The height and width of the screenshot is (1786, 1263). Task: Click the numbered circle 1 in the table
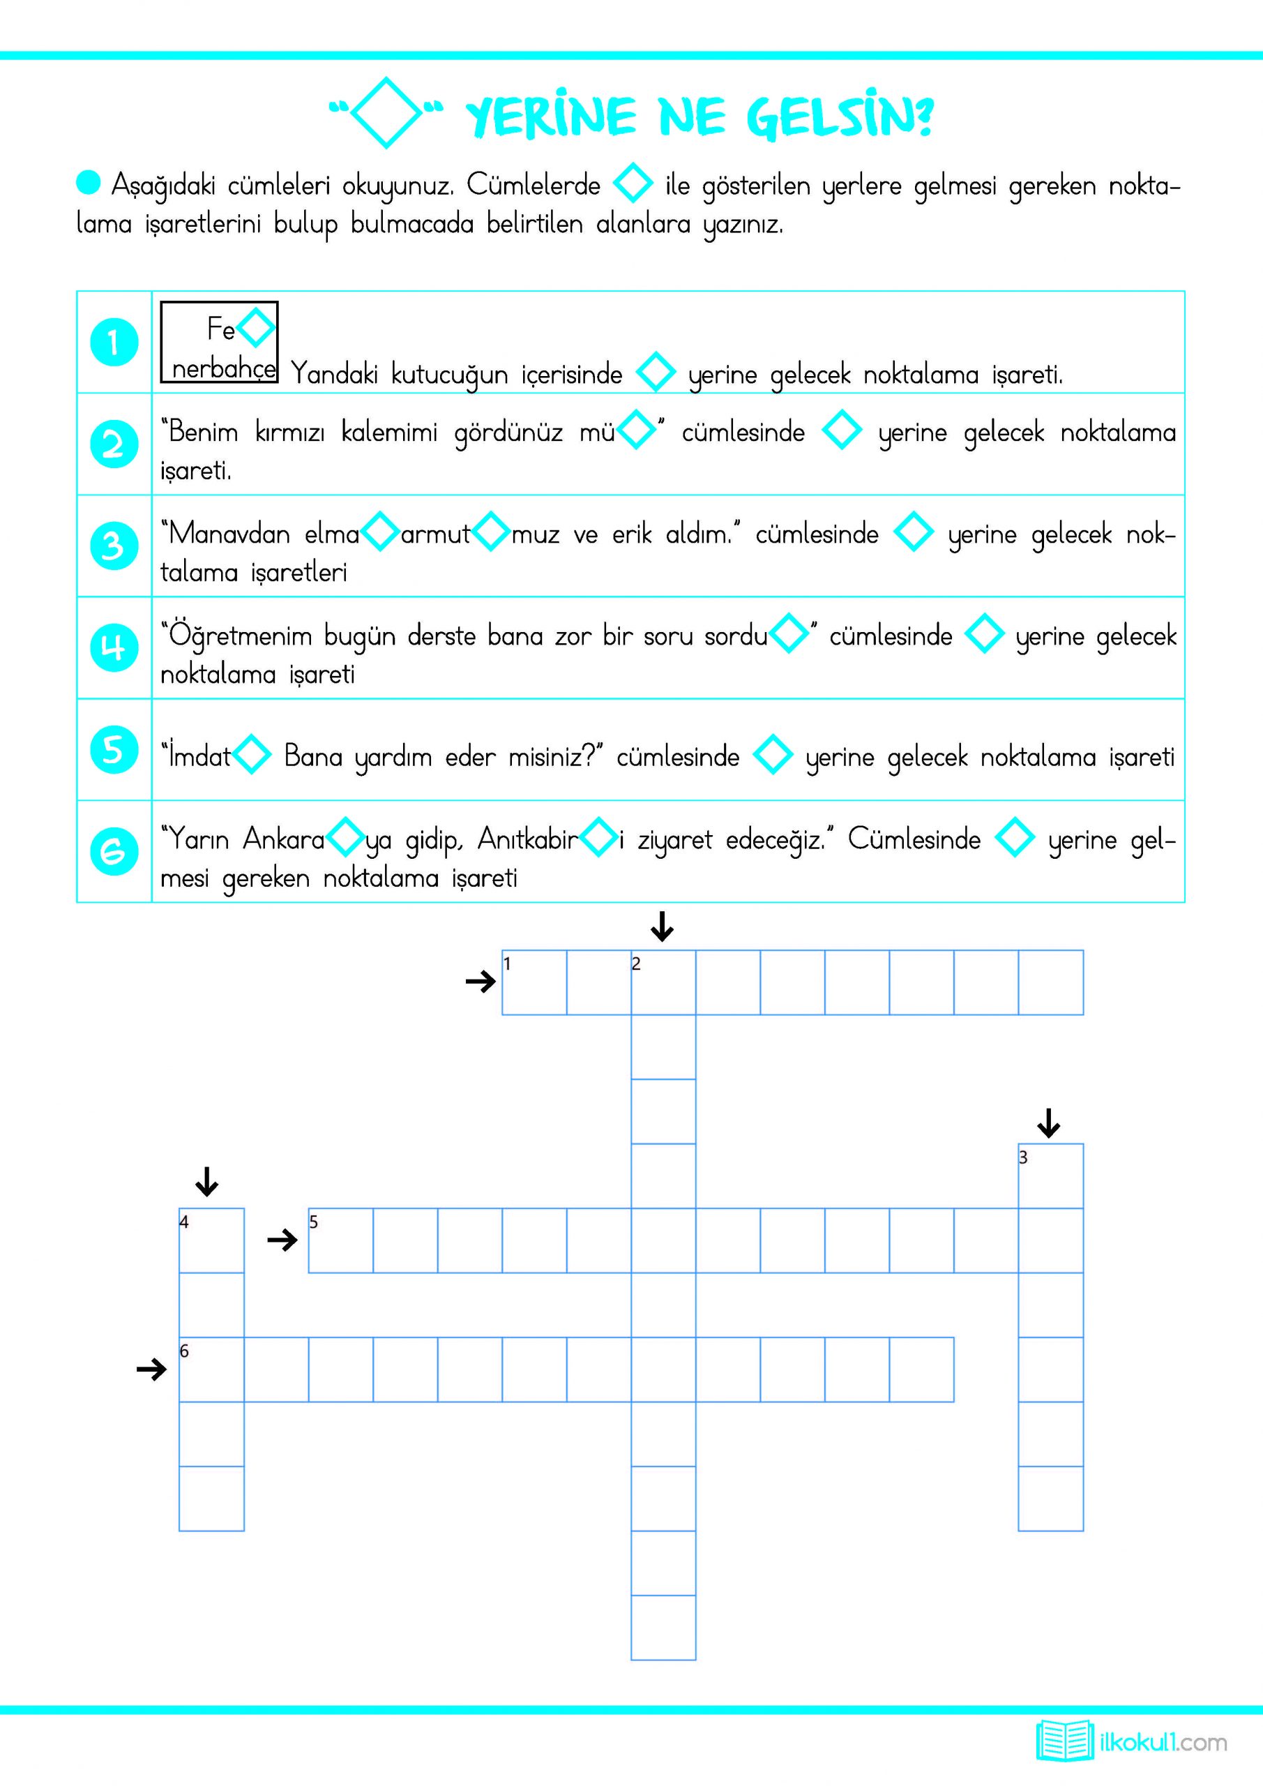click(x=114, y=343)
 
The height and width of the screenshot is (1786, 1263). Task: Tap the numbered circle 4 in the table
click(x=114, y=647)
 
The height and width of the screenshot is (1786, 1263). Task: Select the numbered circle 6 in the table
click(x=114, y=851)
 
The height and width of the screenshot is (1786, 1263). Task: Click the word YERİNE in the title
click(x=551, y=118)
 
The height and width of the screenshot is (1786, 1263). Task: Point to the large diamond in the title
click(x=386, y=113)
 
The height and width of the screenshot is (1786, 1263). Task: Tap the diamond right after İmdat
click(x=252, y=755)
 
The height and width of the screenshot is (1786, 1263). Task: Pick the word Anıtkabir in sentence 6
click(x=528, y=839)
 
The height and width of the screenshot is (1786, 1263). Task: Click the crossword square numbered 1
click(x=534, y=982)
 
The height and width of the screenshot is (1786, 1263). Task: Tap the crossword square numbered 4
click(x=211, y=1240)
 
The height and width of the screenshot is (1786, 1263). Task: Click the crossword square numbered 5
click(x=340, y=1240)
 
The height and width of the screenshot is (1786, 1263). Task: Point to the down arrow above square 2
click(x=662, y=926)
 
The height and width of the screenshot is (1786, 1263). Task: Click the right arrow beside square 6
click(x=151, y=1369)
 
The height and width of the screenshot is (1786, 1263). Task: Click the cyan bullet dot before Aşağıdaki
click(x=89, y=183)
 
